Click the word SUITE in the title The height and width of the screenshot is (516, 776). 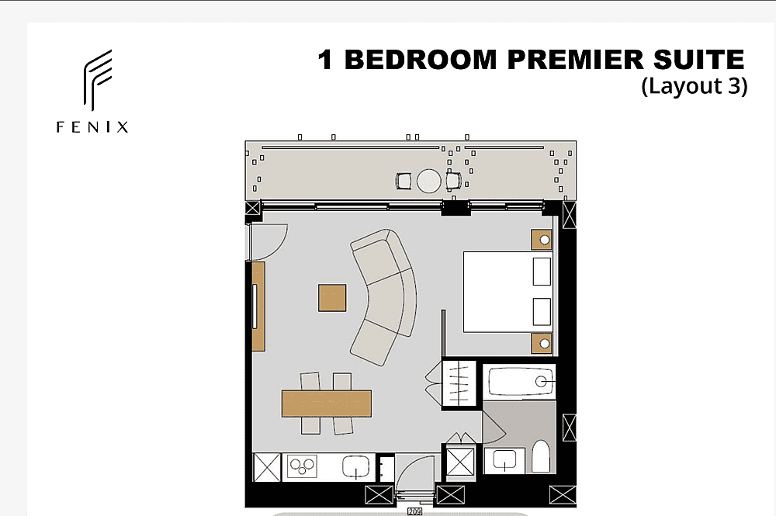[x=699, y=60]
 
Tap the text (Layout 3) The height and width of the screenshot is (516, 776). [x=695, y=86]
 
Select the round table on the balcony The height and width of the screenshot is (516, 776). [x=428, y=181]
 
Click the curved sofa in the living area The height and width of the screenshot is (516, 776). [x=391, y=297]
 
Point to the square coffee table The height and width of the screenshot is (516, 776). [x=332, y=298]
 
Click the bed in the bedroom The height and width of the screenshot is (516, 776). [x=508, y=292]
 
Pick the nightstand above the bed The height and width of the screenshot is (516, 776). [x=542, y=240]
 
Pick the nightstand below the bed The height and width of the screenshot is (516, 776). [x=542, y=343]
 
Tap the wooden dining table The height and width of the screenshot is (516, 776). [x=327, y=403]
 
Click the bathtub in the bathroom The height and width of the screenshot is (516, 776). [x=520, y=382]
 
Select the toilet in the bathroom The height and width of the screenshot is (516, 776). [x=540, y=456]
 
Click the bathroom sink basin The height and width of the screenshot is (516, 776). [x=505, y=460]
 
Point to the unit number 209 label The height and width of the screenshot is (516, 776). [x=414, y=511]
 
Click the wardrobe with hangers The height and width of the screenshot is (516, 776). [x=459, y=383]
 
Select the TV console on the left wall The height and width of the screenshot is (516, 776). [x=258, y=306]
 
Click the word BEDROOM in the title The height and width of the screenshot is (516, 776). [x=420, y=60]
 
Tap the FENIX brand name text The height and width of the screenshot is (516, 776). [x=92, y=127]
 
